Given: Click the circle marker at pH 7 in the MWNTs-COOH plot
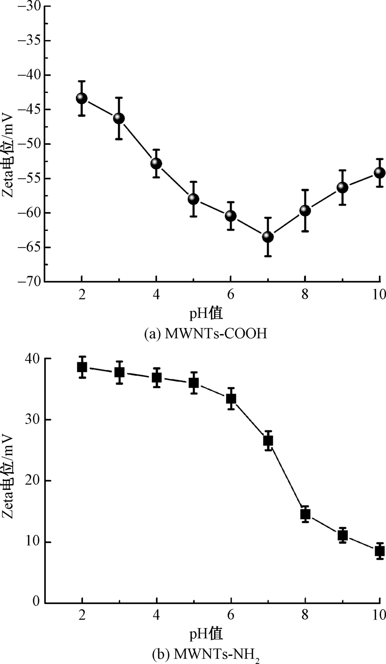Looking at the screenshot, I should point(268,237).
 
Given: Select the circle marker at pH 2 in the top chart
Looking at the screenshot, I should point(81,98).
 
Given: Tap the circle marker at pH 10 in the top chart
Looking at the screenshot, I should point(379,173).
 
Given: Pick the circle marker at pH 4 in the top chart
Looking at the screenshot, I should point(156,163).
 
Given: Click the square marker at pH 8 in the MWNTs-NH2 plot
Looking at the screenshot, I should point(305,514).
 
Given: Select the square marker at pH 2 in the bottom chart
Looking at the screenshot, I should point(82,367).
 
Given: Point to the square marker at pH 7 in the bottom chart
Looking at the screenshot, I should point(268,440).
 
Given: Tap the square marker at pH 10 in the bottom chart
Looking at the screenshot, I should point(379,551).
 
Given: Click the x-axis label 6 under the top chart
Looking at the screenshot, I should point(230,295).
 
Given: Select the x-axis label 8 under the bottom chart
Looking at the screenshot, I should point(305,615).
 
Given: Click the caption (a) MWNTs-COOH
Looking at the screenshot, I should point(205,333).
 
